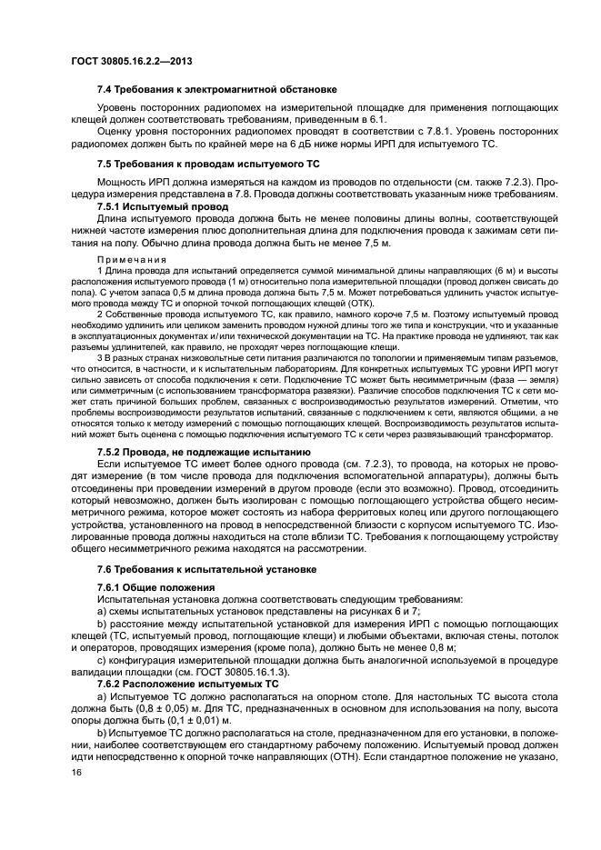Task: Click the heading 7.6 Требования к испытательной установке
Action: (206, 569)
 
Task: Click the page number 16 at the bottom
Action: (76, 773)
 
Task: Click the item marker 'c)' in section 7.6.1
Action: (101, 658)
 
